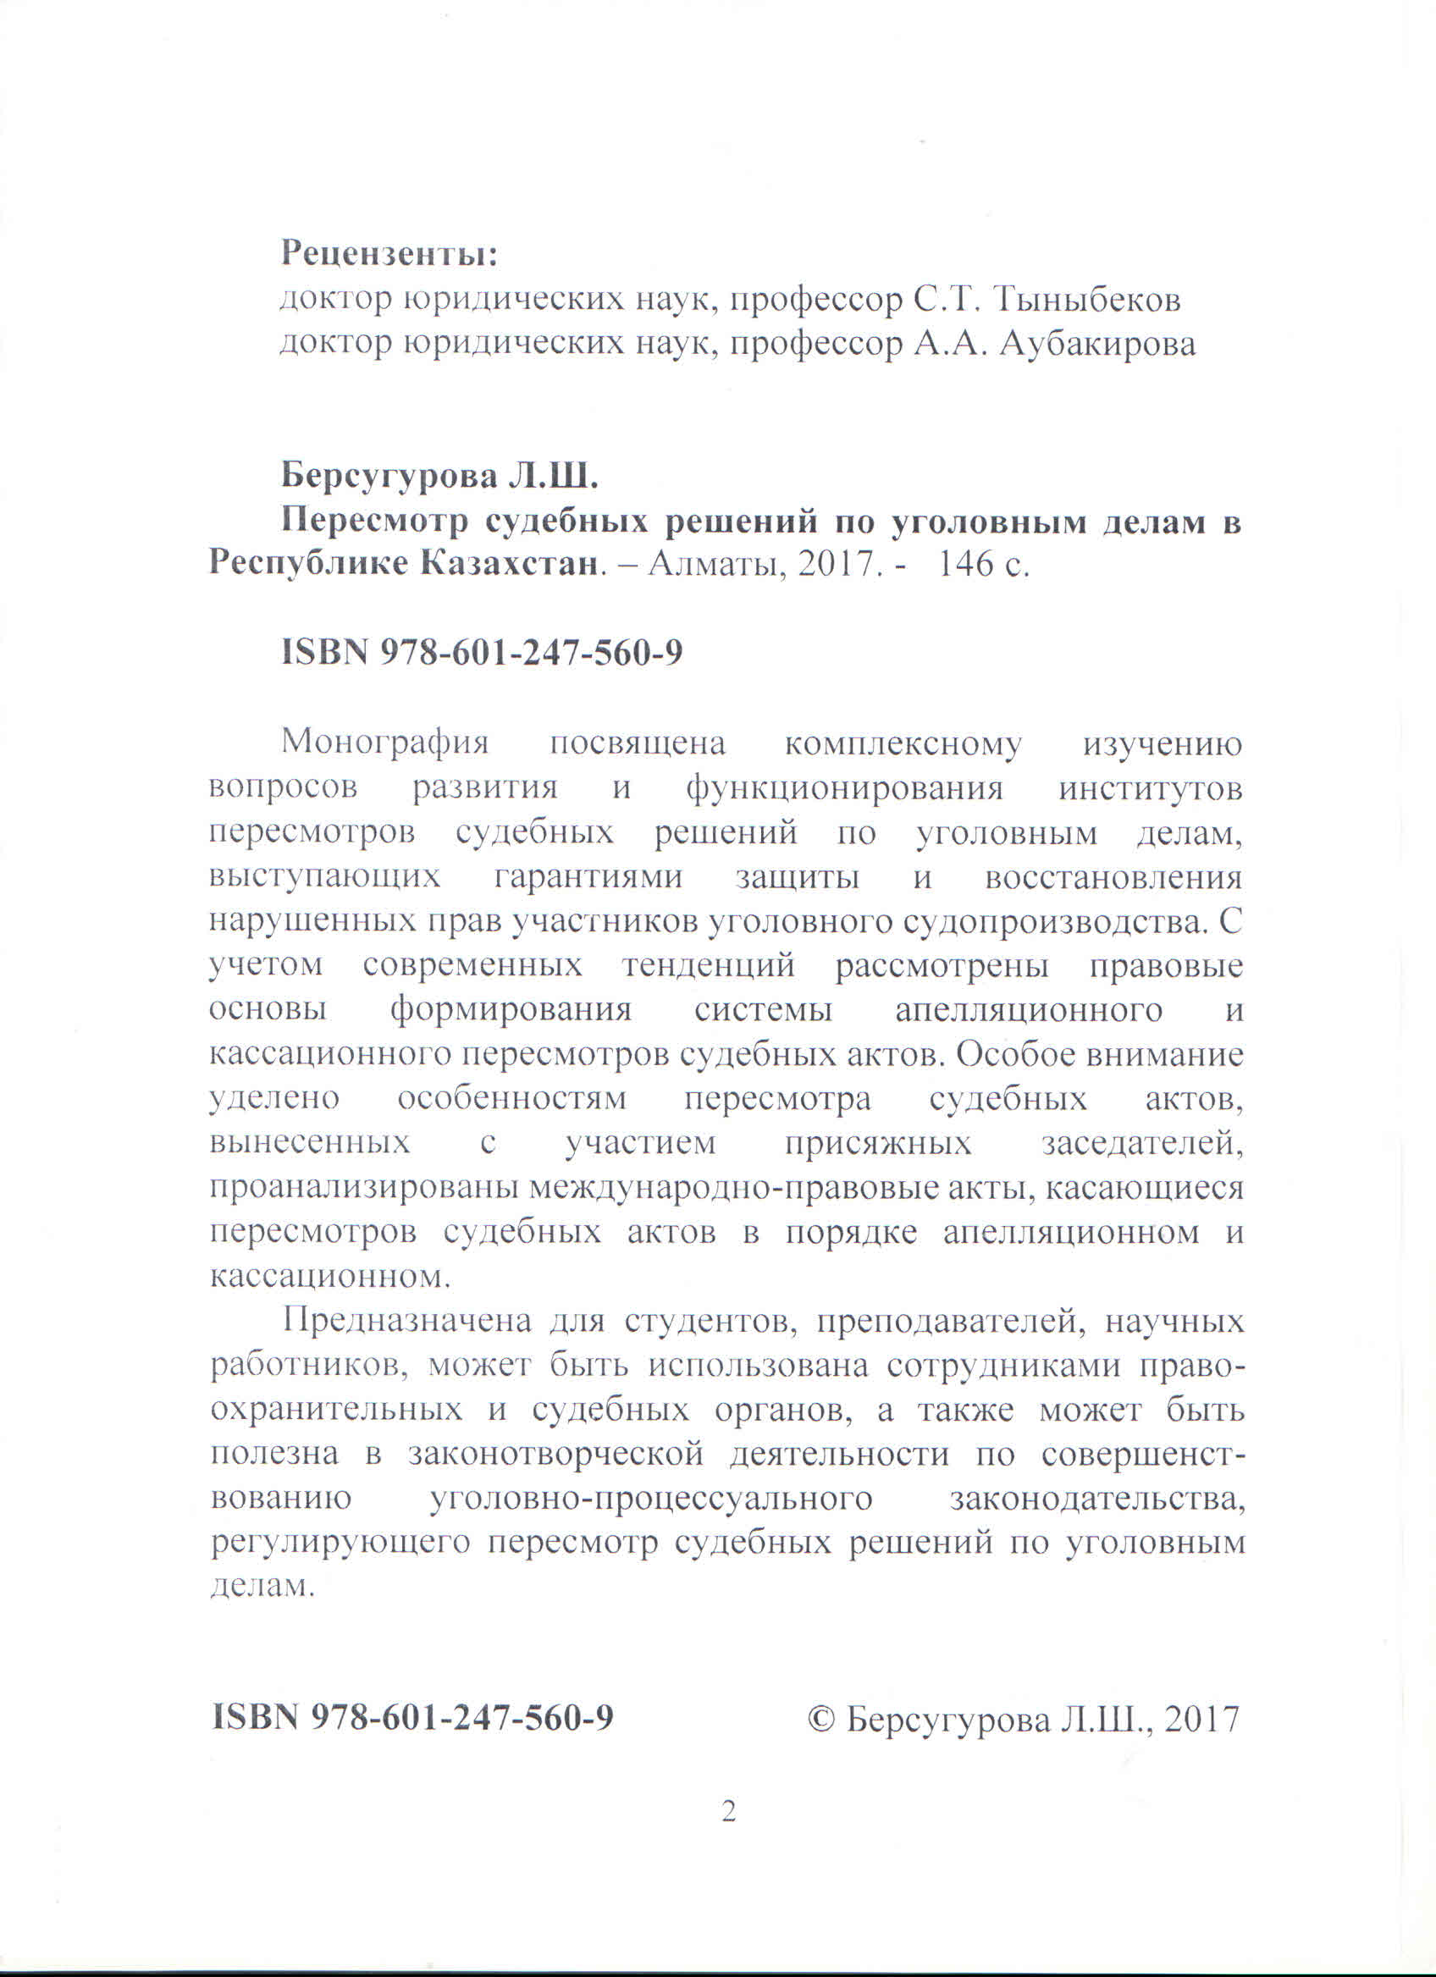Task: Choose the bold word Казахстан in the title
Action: (511, 565)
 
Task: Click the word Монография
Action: (385, 743)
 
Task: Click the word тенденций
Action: (708, 967)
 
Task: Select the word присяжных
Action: (878, 1144)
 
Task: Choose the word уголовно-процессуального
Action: (651, 1499)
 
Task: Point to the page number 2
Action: (729, 1813)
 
